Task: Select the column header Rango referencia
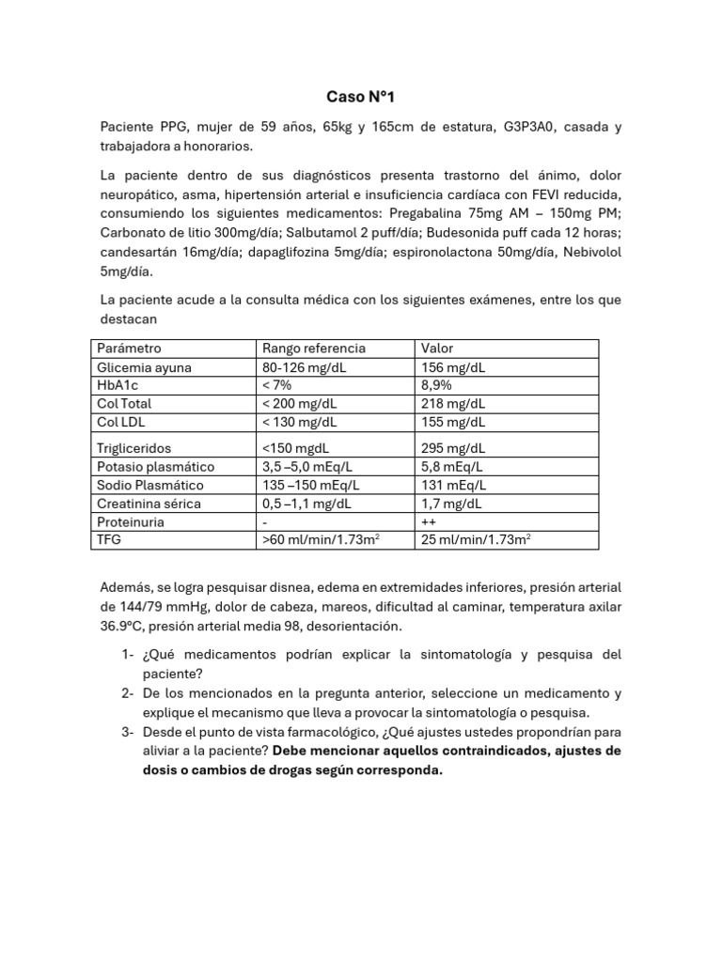point(313,349)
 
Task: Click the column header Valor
point(437,349)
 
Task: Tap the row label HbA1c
point(118,385)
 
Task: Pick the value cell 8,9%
point(437,385)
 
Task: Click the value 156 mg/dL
point(453,367)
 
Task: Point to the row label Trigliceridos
point(134,448)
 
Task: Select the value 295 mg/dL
point(453,448)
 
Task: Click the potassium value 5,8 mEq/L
point(452,467)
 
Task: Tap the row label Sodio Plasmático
point(149,485)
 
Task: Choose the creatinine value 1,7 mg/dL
point(452,504)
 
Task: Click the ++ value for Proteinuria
point(430,521)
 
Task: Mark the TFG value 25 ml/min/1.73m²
point(477,540)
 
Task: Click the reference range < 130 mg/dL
point(303,422)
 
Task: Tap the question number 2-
point(128,693)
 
